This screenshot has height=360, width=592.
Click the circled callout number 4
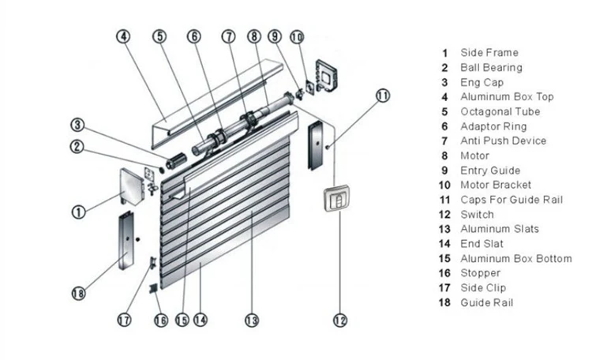(123, 36)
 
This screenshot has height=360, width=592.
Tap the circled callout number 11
(383, 96)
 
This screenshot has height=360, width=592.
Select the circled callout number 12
(340, 321)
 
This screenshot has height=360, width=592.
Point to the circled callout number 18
(77, 294)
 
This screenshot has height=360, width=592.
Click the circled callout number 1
(78, 212)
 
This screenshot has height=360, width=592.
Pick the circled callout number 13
(252, 321)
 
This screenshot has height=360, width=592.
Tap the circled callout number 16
(161, 321)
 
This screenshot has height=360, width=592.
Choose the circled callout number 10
(297, 36)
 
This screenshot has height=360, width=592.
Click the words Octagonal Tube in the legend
(500, 111)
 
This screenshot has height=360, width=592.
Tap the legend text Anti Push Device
(503, 141)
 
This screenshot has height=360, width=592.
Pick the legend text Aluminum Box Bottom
(515, 258)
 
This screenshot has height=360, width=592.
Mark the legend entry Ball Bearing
(491, 67)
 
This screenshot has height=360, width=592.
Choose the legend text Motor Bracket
(496, 185)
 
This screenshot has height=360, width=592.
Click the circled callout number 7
(228, 36)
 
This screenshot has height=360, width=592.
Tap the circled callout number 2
(77, 145)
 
